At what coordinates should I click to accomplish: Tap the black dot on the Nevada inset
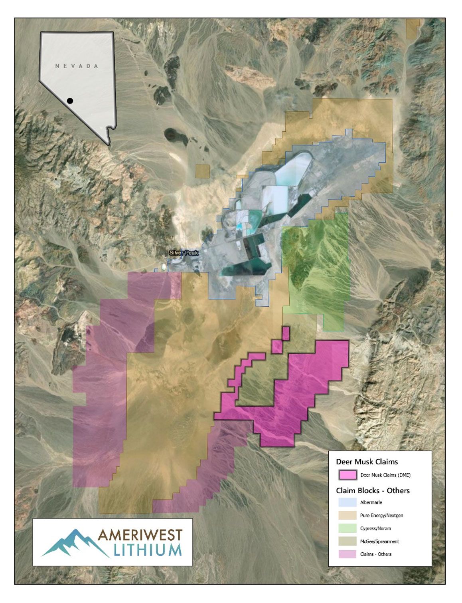[x=70, y=101]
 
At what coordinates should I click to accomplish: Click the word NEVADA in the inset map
[x=77, y=66]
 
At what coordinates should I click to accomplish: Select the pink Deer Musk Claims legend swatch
[x=347, y=475]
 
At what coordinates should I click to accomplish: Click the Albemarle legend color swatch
[x=347, y=502]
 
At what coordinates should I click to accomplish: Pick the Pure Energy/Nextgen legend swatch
[x=347, y=516]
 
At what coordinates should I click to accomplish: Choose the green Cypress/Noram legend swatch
[x=347, y=528]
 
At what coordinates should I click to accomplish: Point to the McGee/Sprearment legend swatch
[x=347, y=542]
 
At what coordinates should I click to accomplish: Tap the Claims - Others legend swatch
[x=347, y=554]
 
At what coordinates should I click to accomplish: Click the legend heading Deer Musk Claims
[x=367, y=462]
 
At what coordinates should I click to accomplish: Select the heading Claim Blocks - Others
[x=373, y=490]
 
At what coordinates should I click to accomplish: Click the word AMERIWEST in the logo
[x=140, y=536]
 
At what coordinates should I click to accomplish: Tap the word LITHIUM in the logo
[x=148, y=550]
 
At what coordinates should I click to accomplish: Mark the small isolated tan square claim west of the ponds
[x=203, y=171]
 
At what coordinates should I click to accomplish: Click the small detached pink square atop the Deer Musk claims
[x=286, y=333]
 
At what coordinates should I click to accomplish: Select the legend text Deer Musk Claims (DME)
[x=385, y=475]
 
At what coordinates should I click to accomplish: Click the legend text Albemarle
[x=371, y=502]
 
